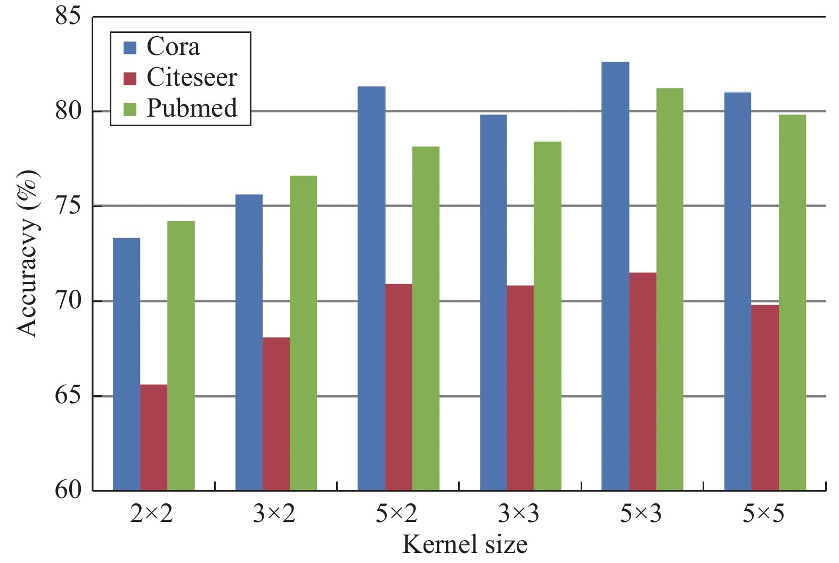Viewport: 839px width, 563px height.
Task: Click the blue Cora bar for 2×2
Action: pos(127,364)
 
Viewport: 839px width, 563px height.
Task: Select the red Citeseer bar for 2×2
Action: pos(154,437)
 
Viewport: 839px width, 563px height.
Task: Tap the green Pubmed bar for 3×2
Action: pos(303,333)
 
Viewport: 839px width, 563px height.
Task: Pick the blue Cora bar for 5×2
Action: pos(371,288)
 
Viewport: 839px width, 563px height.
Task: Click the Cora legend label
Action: pos(173,47)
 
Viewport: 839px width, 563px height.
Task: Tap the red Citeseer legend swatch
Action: pos(130,78)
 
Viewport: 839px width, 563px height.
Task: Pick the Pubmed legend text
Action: pos(192,108)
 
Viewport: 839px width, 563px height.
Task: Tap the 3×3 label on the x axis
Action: pos(518,514)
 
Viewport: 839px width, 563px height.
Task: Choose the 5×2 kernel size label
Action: pos(396,514)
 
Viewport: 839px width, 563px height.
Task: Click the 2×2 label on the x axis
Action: pos(151,514)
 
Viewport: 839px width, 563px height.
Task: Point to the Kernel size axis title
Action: pos(465,544)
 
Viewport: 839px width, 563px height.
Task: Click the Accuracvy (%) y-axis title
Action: pos(28,253)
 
